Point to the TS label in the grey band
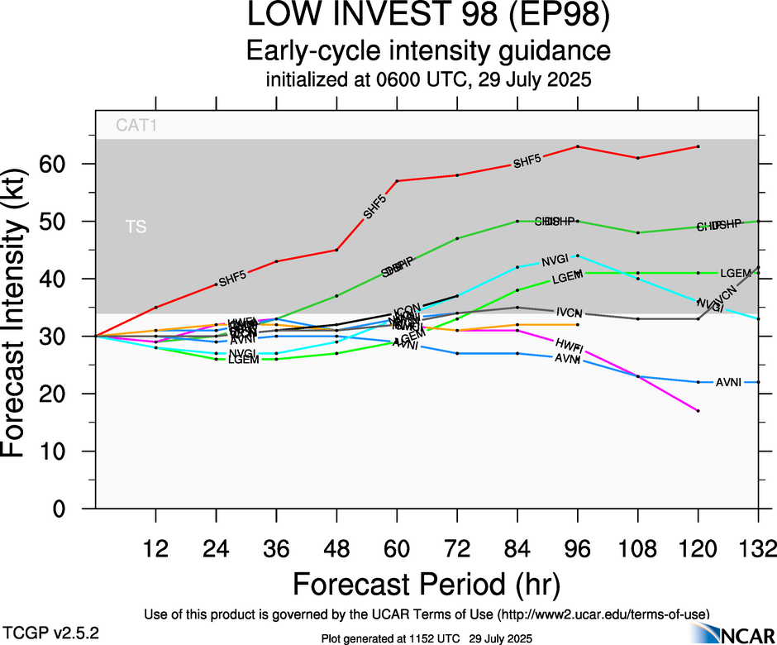[136, 227]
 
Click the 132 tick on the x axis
[756, 548]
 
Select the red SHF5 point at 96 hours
[577, 146]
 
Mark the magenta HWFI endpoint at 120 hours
[698, 411]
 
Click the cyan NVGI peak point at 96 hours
[577, 256]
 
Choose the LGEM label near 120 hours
[734, 273]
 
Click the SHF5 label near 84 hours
[527, 162]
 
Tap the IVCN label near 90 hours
[570, 313]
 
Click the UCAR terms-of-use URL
[603, 614]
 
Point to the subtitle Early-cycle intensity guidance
[428, 52]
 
